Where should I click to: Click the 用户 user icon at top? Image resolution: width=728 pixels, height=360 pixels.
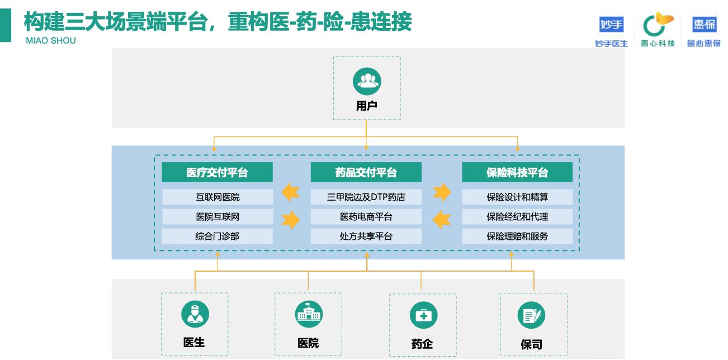click(x=367, y=81)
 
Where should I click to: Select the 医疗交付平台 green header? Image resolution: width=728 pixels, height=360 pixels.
click(x=217, y=172)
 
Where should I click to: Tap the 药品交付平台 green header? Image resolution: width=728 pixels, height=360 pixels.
click(x=366, y=172)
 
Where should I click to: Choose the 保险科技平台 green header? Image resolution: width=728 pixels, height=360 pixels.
click(x=517, y=172)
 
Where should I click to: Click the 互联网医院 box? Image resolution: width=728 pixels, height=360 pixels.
click(x=218, y=197)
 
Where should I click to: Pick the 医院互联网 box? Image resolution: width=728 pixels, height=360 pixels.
click(x=218, y=217)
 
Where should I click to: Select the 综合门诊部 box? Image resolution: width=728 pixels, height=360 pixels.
click(x=218, y=236)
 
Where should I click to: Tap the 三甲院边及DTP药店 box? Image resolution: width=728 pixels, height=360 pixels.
click(x=366, y=197)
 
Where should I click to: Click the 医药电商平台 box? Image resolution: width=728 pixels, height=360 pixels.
click(x=366, y=217)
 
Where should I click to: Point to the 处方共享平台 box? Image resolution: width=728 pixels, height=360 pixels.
click(x=366, y=236)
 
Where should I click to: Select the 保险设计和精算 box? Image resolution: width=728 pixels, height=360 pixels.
click(x=517, y=197)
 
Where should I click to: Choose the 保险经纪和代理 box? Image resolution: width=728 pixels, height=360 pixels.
click(x=517, y=217)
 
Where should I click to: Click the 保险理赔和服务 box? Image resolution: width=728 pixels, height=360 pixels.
click(x=517, y=236)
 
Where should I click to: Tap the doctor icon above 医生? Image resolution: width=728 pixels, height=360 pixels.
click(x=195, y=314)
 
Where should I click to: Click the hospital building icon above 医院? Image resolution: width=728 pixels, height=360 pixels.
click(x=309, y=314)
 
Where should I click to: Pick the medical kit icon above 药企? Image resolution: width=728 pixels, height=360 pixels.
click(x=423, y=315)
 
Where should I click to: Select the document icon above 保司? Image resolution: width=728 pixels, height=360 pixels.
click(x=531, y=316)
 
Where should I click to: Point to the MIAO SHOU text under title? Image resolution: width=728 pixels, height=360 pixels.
click(x=51, y=41)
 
